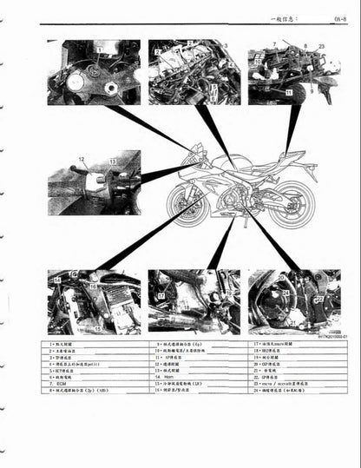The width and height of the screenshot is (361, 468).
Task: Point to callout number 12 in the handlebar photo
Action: tap(82, 160)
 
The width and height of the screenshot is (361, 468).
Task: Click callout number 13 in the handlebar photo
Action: tap(112, 162)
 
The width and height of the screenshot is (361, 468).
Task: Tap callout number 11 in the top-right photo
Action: tap(288, 90)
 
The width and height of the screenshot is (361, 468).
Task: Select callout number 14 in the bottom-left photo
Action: tap(57, 280)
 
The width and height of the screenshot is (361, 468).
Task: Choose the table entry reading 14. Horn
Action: tap(165, 377)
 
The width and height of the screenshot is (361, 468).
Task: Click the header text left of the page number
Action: tap(286, 16)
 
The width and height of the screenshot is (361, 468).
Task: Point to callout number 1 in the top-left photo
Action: tap(99, 49)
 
